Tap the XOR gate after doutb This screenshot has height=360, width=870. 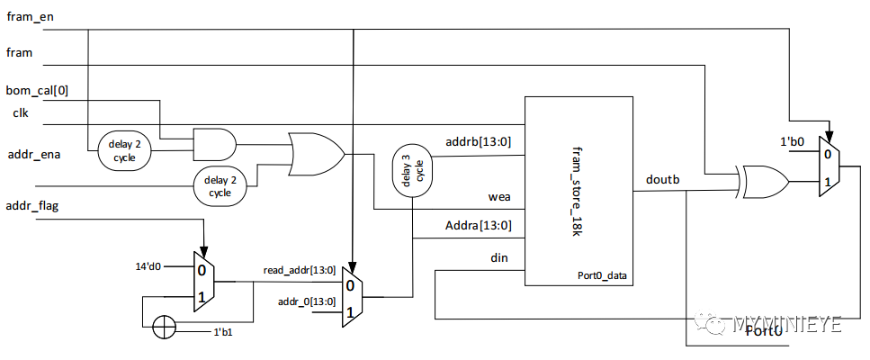(762, 183)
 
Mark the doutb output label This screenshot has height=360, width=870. (663, 180)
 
